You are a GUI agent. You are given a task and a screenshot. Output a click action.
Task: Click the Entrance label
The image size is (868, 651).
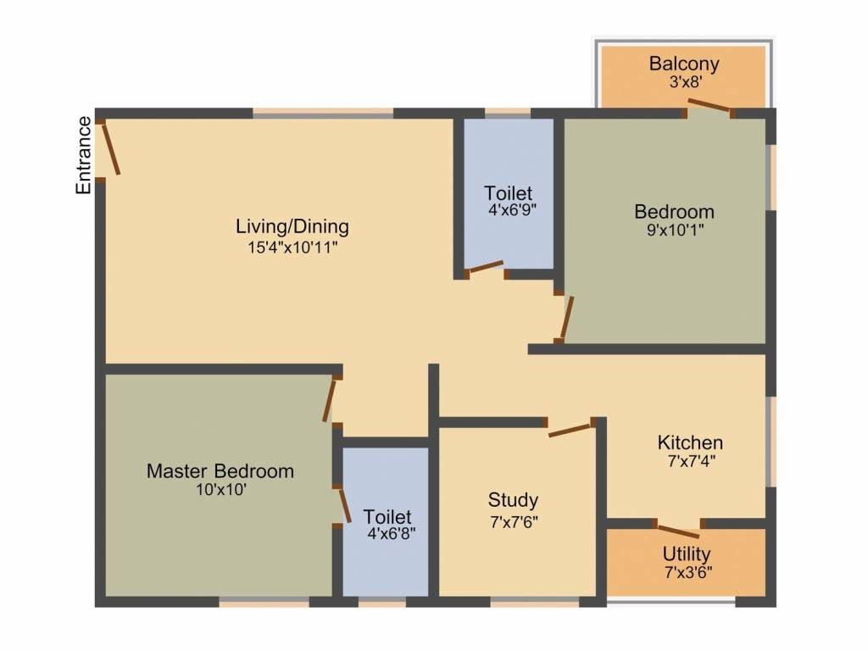(83, 156)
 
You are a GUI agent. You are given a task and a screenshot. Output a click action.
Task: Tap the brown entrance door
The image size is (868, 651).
(110, 149)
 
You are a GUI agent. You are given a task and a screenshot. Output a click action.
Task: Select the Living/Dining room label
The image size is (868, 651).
(292, 227)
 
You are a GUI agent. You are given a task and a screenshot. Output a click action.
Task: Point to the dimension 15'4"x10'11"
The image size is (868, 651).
(292, 247)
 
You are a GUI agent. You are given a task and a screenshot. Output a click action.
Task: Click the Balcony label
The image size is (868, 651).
(684, 64)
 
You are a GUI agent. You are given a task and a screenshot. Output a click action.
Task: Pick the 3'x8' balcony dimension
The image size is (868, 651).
(686, 82)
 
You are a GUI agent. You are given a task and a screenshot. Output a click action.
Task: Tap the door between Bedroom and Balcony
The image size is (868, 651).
(709, 105)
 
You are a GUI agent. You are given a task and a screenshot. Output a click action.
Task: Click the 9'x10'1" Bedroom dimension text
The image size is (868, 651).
(676, 229)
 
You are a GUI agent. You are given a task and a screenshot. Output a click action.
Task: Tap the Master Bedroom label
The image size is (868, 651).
(220, 471)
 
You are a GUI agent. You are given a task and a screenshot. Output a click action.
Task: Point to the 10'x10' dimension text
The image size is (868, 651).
(221, 490)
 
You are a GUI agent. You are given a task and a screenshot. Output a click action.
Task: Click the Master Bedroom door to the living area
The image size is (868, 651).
(330, 401)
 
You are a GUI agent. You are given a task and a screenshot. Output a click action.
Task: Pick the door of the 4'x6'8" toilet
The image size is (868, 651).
(345, 505)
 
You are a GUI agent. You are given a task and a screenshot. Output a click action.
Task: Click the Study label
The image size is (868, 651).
(513, 500)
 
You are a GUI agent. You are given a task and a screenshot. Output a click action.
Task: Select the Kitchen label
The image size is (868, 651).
(690, 442)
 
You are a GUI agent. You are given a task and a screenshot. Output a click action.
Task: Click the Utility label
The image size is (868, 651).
(687, 554)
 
